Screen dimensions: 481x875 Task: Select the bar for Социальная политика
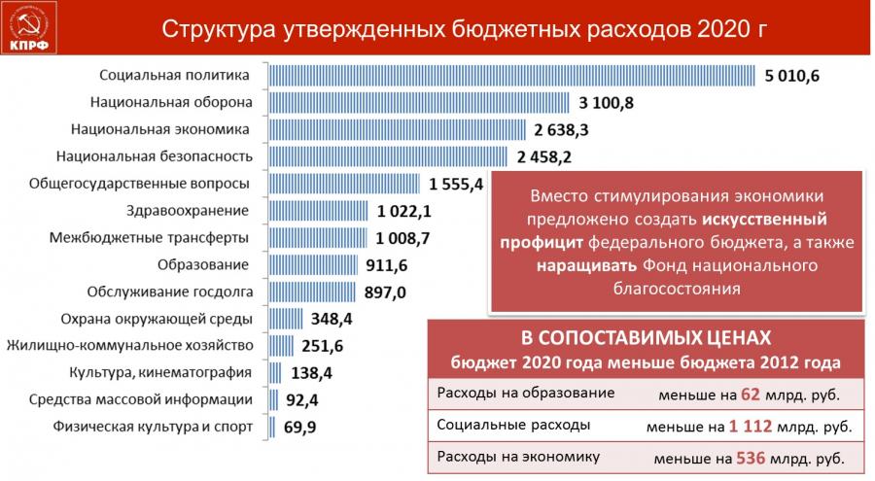pos(510,75)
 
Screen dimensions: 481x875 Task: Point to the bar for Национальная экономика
pos(397,129)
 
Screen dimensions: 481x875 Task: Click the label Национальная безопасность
pos(155,155)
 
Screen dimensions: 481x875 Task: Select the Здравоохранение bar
pos(317,210)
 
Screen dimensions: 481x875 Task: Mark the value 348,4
pos(332,318)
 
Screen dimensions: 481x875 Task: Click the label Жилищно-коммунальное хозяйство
pos(129,345)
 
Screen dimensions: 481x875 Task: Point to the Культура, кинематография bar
pos(274,371)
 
